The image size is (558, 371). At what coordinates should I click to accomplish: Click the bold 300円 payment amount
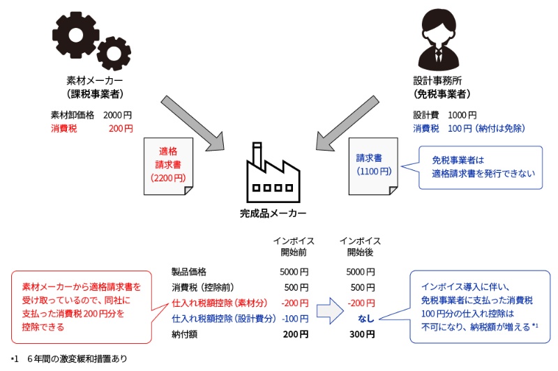coord(361,335)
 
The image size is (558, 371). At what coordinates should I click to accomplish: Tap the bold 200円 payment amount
coord(294,335)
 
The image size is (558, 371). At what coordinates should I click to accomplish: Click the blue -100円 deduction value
coord(294,319)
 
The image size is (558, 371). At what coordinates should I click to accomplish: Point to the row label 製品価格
coord(189,271)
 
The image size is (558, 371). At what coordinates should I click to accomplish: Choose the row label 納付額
coord(185,335)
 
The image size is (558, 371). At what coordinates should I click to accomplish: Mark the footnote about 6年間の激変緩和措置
coord(70,359)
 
